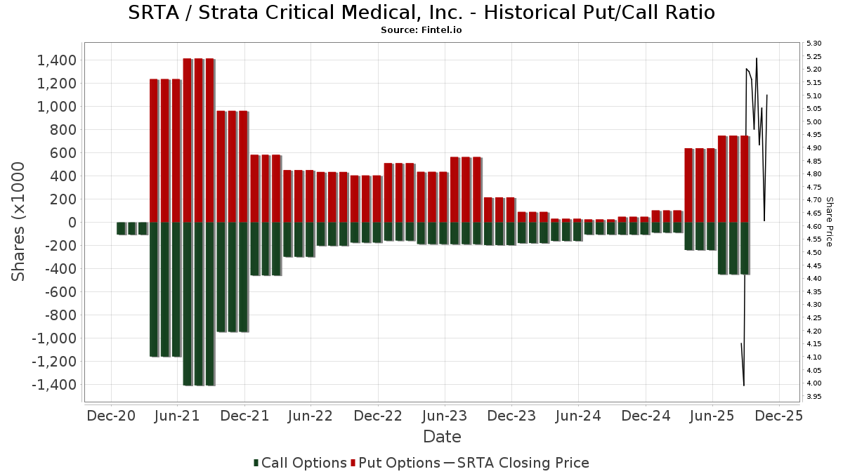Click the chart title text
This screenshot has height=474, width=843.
coord(421,13)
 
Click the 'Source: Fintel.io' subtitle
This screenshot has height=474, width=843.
coord(421,30)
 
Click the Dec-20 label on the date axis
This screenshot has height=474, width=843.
coord(111,416)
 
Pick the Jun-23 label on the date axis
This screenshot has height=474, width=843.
coord(444,416)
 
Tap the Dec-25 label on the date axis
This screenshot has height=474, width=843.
coord(778,416)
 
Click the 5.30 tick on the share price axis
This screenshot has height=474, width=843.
coord(814,44)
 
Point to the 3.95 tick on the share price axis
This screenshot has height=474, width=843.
coord(814,397)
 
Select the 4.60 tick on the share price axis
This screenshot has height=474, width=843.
coord(814,227)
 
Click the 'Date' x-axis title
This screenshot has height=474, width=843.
coord(442,437)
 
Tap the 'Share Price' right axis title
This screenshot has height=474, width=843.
coord(830,221)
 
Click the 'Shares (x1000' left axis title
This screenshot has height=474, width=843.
coord(19,221)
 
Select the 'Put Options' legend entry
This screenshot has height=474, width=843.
coord(399,463)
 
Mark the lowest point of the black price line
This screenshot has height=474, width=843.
coord(744,386)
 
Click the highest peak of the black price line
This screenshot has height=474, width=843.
coord(756,58)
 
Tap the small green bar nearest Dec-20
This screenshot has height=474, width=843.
coord(121,228)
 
